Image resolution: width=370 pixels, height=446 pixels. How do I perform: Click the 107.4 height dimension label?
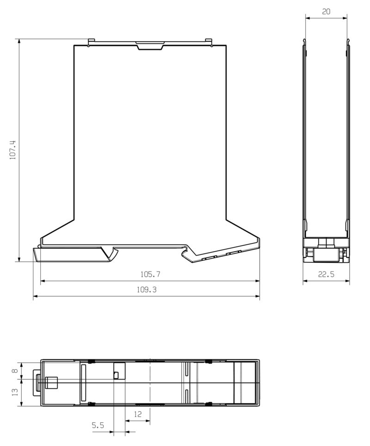click(x=13, y=150)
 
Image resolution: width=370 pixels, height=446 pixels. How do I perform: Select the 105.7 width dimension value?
click(x=150, y=274)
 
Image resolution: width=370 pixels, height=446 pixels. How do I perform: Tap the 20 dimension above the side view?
click(x=326, y=12)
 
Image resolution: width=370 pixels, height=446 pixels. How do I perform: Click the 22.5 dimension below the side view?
click(x=326, y=274)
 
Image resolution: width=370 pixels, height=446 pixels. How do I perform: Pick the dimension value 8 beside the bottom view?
click(x=15, y=370)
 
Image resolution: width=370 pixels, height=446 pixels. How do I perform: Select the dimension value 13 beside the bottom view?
click(x=15, y=391)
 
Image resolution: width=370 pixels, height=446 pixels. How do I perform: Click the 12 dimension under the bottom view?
click(x=138, y=415)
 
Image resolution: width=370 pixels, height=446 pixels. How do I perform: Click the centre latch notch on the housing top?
click(x=149, y=45)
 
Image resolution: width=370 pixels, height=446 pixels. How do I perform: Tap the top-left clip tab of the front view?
click(x=91, y=42)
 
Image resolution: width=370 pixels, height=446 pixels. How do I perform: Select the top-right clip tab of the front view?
click(x=209, y=42)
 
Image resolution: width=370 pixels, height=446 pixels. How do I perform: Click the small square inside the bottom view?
click(x=116, y=375)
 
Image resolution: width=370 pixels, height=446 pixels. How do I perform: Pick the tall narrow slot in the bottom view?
click(x=84, y=383)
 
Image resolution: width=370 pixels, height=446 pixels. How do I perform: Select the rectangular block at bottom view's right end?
click(x=245, y=383)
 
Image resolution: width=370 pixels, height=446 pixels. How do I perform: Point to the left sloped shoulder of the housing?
click(x=58, y=230)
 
